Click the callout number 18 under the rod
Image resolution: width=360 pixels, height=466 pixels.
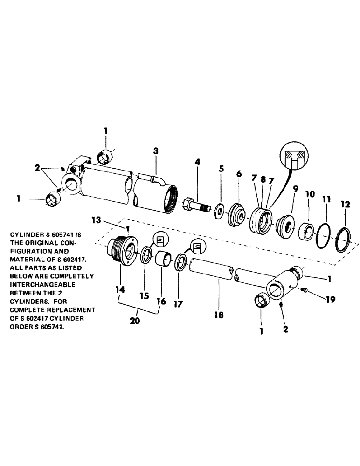[219, 315]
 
